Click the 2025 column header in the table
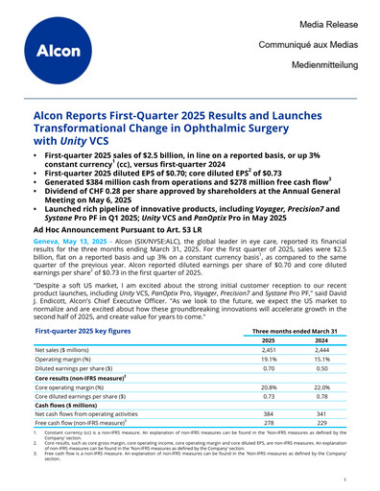coord(269,339)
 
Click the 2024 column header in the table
coord(321,339)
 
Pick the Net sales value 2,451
coord(269,351)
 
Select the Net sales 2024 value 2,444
coord(321,351)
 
